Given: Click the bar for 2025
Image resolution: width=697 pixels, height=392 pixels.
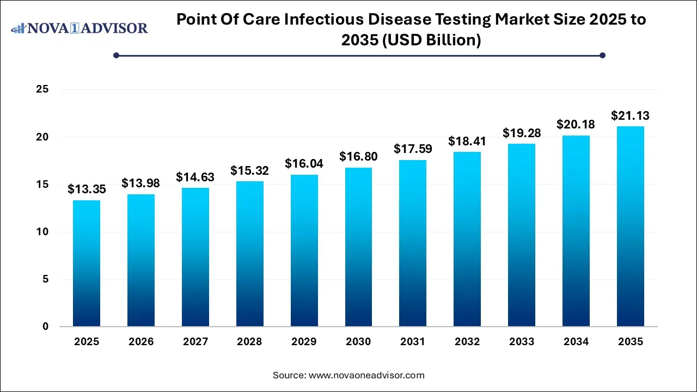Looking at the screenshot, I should tap(87, 264).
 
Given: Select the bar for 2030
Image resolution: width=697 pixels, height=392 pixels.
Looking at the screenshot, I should tap(358, 247).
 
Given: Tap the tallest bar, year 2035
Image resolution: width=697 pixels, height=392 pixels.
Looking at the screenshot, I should tap(630, 226).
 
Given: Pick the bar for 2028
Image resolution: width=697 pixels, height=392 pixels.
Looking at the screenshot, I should tap(249, 254).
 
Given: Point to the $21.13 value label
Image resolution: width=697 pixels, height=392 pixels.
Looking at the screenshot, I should tap(630, 115).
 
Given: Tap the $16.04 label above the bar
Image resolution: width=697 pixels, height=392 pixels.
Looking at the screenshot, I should tap(304, 164).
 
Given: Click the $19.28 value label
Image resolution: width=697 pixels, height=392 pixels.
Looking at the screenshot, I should tap(522, 133).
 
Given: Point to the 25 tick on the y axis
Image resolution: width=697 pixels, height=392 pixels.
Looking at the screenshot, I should tap(42, 89).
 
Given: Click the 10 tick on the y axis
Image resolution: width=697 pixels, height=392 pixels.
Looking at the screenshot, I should tap(42, 232).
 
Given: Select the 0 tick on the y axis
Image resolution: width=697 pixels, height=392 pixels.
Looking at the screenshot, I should tap(46, 327).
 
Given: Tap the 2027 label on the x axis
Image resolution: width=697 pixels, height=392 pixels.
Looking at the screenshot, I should tap(195, 342).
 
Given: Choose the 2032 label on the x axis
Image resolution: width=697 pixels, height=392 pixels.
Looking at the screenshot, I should tap(467, 342).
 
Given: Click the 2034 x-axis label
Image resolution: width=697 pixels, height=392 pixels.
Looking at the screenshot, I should tap(576, 342).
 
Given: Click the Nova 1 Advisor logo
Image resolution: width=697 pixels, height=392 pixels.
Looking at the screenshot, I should tap(80, 28).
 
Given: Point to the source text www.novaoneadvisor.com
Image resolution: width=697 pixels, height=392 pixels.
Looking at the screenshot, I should tap(366, 375).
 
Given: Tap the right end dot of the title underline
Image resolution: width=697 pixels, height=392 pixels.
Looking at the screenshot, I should tap(602, 55).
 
